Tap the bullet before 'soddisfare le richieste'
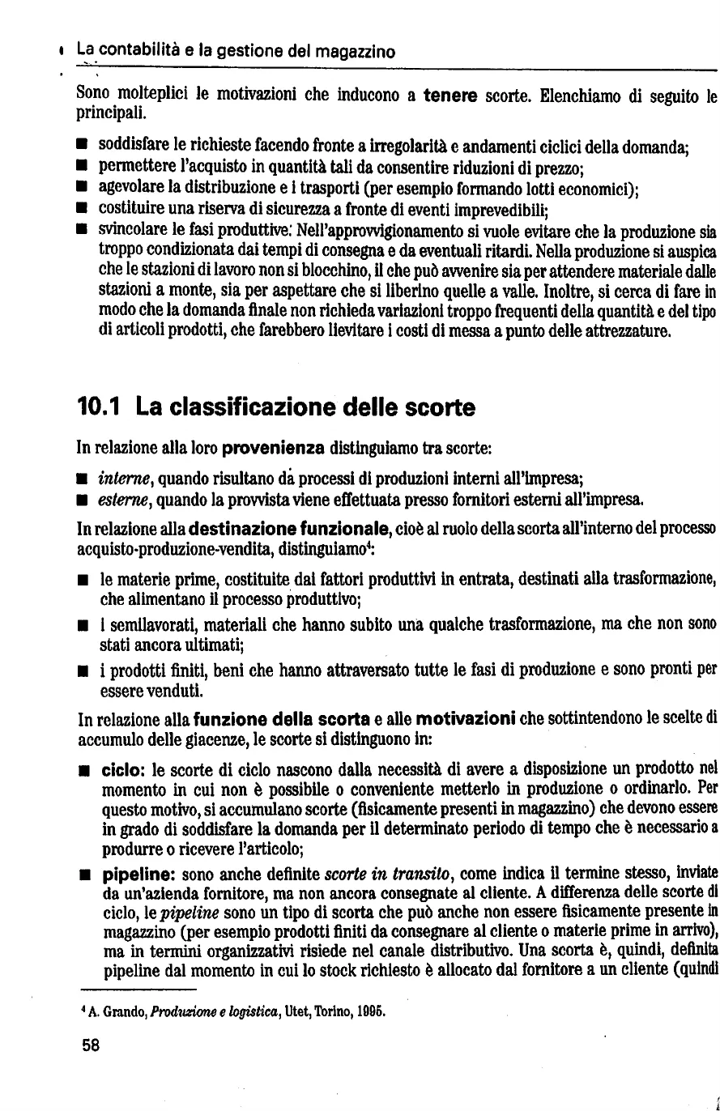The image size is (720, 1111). tap(82, 147)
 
